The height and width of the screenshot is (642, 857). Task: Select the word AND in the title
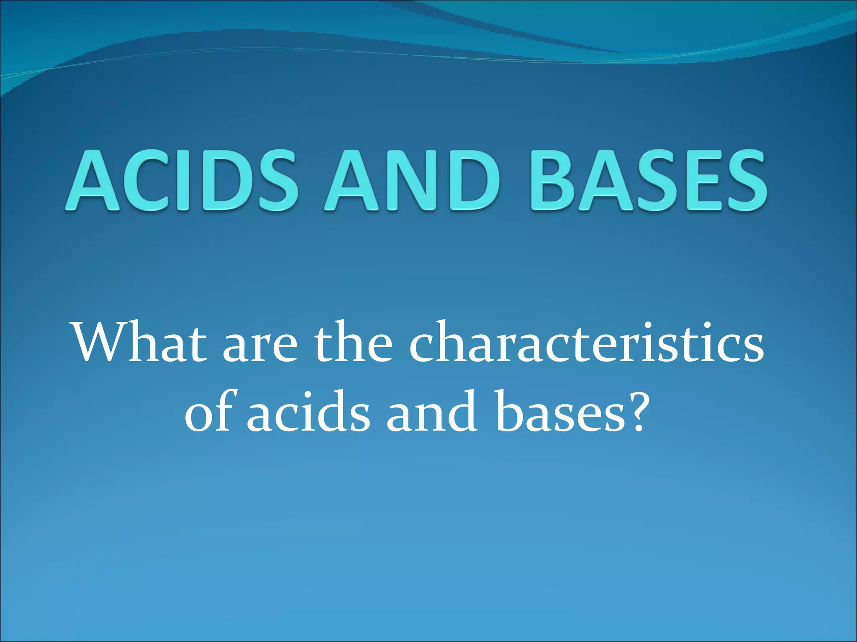pyautogui.click(x=412, y=180)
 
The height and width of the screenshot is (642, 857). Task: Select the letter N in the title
pyautogui.click(x=412, y=180)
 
